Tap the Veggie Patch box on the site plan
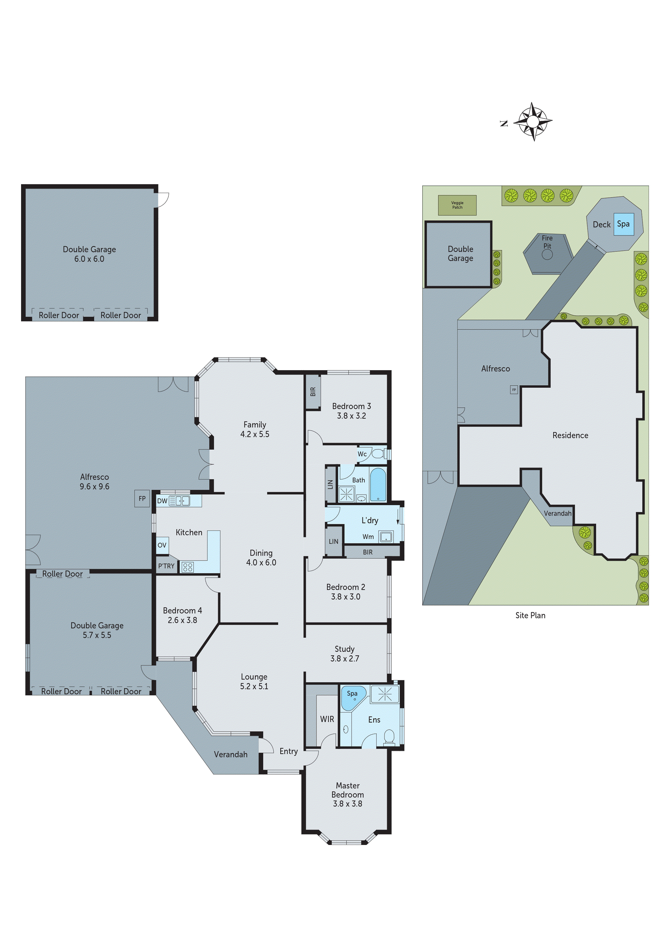tap(457, 205)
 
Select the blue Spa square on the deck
tap(623, 224)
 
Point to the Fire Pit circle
tap(547, 255)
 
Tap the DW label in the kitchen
tap(162, 501)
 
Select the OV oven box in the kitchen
tap(162, 545)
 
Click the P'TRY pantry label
tap(166, 566)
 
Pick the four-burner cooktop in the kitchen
tap(187, 567)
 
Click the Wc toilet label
tap(362, 454)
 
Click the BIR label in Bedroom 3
tap(313, 391)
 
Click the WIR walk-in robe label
tap(327, 719)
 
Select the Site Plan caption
tap(530, 615)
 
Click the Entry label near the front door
tap(288, 751)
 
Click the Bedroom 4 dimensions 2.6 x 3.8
tap(182, 620)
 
